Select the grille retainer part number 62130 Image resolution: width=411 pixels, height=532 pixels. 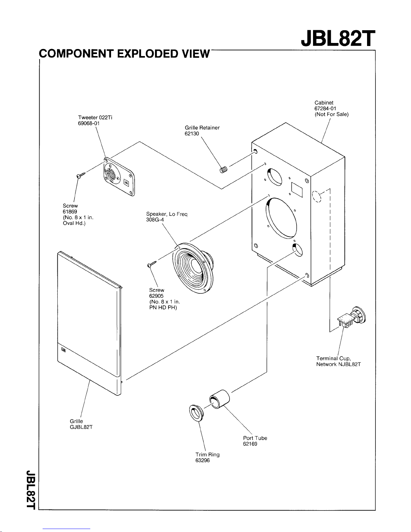(192, 134)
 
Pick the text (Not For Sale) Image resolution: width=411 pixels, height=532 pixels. (331, 114)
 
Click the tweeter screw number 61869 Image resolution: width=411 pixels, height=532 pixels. (70, 211)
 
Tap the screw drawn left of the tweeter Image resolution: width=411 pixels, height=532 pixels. (81, 175)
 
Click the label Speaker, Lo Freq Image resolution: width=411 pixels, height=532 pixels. (166, 214)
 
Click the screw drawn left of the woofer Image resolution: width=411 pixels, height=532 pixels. (152, 264)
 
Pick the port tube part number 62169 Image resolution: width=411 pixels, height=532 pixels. (250, 444)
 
